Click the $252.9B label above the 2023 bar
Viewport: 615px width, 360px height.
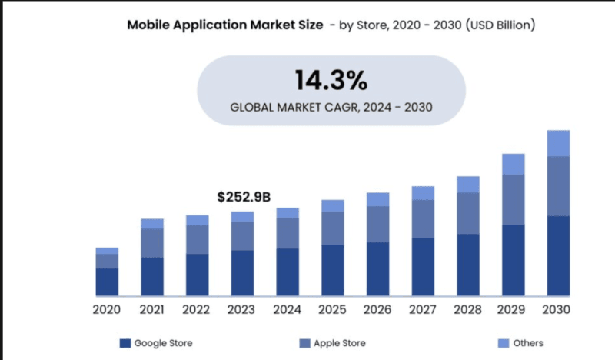(x=244, y=198)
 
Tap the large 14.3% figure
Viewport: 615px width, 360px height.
(x=331, y=80)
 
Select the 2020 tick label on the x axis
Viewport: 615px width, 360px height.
(x=107, y=310)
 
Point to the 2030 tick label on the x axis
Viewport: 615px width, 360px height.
(x=558, y=310)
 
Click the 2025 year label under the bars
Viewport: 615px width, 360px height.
(x=332, y=310)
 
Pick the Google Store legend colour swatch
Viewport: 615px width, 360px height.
(x=125, y=343)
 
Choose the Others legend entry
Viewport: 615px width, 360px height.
(x=528, y=343)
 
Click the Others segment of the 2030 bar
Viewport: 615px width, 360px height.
(x=558, y=143)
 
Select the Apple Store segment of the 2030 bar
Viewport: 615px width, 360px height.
(x=558, y=186)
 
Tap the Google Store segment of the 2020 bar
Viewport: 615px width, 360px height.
(x=107, y=282)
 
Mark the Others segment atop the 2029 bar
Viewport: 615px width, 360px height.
(x=513, y=164)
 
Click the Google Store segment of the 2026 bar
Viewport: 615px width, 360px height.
(x=377, y=268)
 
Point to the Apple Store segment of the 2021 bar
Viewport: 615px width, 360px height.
(x=152, y=243)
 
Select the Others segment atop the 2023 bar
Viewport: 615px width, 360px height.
(x=242, y=216)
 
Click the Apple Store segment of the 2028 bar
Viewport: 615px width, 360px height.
(x=468, y=213)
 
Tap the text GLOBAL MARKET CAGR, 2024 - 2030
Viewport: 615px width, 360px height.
(x=331, y=108)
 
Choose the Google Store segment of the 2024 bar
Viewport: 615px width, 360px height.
(x=288, y=272)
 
